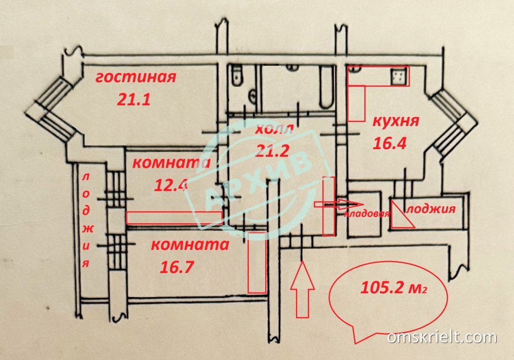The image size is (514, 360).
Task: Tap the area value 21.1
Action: (x=133, y=99)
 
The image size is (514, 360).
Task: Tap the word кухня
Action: (x=395, y=122)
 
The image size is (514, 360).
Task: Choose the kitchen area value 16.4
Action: (x=390, y=143)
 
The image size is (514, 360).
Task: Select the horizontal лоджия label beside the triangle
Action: (x=431, y=209)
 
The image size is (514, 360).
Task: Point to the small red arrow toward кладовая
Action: (x=331, y=204)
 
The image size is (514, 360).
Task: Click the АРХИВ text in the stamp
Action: (x=259, y=181)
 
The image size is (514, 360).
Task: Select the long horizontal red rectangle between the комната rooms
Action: (x=175, y=218)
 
